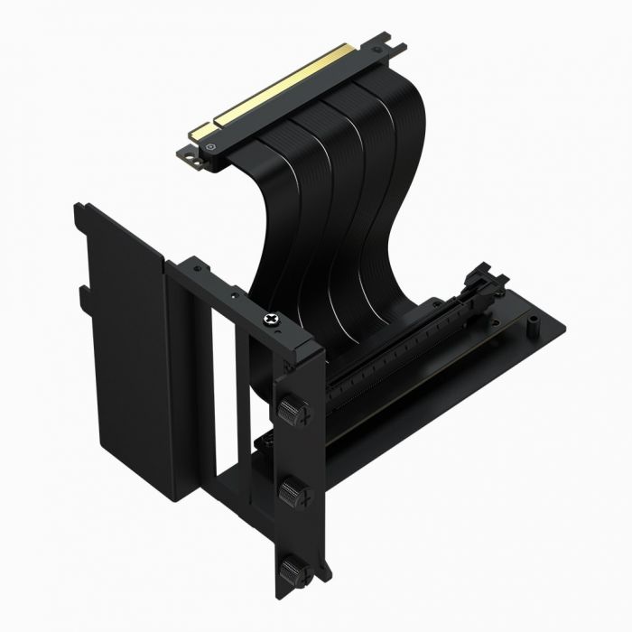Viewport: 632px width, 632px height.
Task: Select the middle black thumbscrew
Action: [x=291, y=492]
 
